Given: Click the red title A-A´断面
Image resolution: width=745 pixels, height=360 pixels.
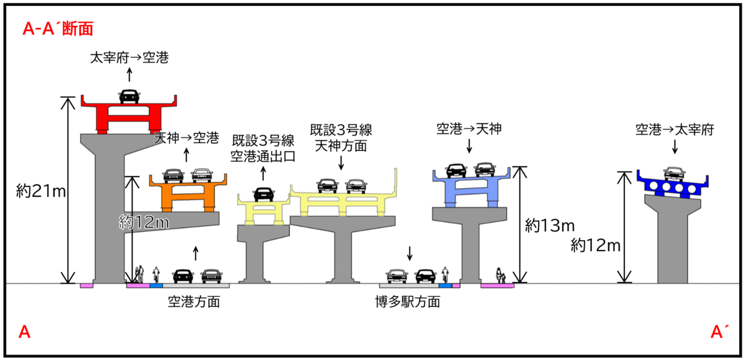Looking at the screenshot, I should [58, 29].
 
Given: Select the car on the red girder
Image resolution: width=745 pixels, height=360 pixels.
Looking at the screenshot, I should [129, 96].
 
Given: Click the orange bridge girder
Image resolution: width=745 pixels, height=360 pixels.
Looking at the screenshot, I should [188, 193].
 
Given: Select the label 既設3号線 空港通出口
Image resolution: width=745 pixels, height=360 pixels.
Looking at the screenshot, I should [263, 148].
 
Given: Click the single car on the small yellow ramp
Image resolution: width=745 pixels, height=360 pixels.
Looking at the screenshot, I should [263, 194].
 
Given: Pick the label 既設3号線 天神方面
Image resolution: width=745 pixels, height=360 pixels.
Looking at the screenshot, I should [341, 137].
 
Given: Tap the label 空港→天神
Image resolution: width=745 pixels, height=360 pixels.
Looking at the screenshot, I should [469, 129].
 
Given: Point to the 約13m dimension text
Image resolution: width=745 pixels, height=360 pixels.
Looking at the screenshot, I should [550, 226].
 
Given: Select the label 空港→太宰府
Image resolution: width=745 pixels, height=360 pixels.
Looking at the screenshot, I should [675, 130].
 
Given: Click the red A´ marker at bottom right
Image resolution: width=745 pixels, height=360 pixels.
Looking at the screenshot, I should [717, 333].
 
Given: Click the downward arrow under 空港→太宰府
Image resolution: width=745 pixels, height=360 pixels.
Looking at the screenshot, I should [675, 148].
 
